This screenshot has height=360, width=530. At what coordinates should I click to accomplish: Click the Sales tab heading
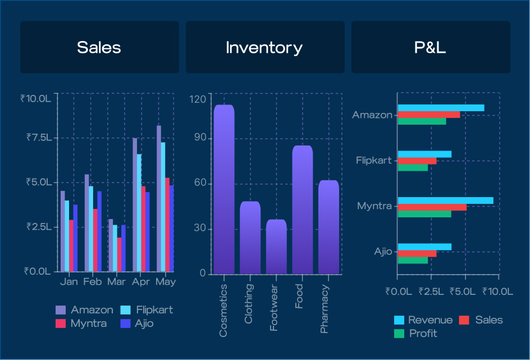pos(99,47)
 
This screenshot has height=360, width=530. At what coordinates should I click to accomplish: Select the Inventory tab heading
pos(264,48)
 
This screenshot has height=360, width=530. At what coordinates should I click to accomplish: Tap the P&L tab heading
pos(430,47)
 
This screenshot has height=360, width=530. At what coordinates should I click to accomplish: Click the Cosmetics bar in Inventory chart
pos(224,189)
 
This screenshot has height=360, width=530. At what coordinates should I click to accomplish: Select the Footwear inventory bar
pos(276,247)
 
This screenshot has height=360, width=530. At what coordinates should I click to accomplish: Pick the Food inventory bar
pos(303,209)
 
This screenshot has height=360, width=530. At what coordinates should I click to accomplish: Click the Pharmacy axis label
pos(324,309)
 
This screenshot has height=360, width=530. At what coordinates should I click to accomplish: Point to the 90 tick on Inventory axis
pos(200,137)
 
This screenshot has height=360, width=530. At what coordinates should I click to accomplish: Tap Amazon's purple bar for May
pos(159,198)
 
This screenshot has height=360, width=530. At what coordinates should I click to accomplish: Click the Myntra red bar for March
pos(120,254)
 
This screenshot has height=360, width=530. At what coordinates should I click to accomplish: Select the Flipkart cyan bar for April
pos(139,213)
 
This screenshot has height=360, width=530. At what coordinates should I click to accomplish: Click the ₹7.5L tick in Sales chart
pos(39,137)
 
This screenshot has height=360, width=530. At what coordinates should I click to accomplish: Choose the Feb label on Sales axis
pos(93,281)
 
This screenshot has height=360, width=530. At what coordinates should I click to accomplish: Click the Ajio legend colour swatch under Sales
pos(125,323)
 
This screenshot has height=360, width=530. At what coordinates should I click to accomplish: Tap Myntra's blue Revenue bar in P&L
pos(445,201)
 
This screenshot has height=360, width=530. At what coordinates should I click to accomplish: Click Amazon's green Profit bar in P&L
pos(422,121)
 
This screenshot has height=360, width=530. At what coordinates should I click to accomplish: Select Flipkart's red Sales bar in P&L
pos(417,161)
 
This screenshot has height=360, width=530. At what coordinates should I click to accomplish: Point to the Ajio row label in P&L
pos(383,252)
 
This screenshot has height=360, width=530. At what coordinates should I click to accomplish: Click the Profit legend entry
pos(416,334)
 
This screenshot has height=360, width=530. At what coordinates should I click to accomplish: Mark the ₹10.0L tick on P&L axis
pos(497,291)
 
